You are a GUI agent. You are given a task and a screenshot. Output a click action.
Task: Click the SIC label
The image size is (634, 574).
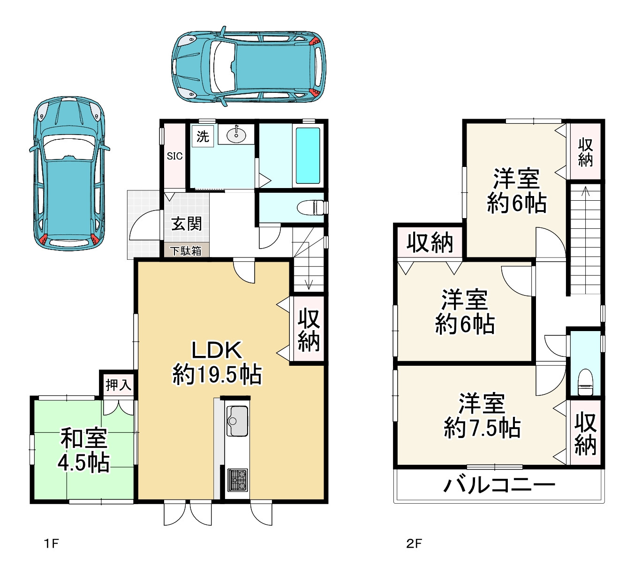tap(175, 156)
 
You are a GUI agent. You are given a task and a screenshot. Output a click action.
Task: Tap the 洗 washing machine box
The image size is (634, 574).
tap(203, 136)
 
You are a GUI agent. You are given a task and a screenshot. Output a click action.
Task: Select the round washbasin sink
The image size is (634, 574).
tap(236, 136)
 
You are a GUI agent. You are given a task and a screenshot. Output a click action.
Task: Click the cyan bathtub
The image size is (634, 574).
tap(308, 155)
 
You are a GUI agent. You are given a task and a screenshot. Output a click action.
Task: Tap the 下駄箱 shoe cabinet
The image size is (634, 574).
tap(186, 251)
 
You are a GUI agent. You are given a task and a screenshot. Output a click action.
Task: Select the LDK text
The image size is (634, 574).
tap(217, 350)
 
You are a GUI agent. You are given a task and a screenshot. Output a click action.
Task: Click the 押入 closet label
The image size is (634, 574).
tap(118, 385)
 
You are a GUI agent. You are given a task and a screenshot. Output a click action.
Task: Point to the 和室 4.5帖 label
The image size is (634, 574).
tap(84, 450)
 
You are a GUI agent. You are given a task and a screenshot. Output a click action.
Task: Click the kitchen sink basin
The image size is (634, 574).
tap(237, 421)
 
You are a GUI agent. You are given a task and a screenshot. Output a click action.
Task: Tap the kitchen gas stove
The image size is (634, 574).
tap(238, 480)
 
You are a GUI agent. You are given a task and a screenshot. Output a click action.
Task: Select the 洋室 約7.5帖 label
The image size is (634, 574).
tap(482, 415)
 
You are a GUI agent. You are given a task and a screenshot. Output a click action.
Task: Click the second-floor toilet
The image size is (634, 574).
tap(585, 382)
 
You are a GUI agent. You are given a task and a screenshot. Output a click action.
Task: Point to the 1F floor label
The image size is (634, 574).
tap(51, 544)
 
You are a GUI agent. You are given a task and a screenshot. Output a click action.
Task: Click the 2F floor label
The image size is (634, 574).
tap(414, 544)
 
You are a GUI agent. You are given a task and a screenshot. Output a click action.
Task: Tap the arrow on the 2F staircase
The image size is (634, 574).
tap(585, 240)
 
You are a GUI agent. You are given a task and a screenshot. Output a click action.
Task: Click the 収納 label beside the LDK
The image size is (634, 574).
tap(309, 331)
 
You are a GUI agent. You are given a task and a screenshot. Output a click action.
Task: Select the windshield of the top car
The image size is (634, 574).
tap(224, 67)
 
